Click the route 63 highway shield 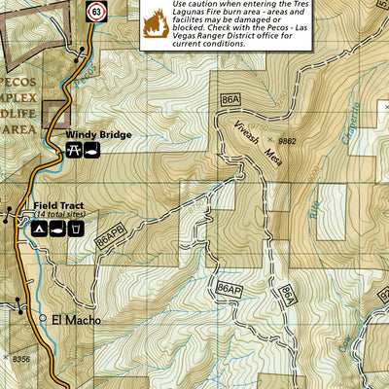pyautogui.click(x=95, y=12)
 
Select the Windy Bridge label pyautogui.click(x=98, y=135)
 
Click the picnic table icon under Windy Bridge pyautogui.click(x=73, y=151)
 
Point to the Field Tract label pyautogui.click(x=57, y=205)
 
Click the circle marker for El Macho pyautogui.click(x=42, y=318)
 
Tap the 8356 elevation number pyautogui.click(x=21, y=359)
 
